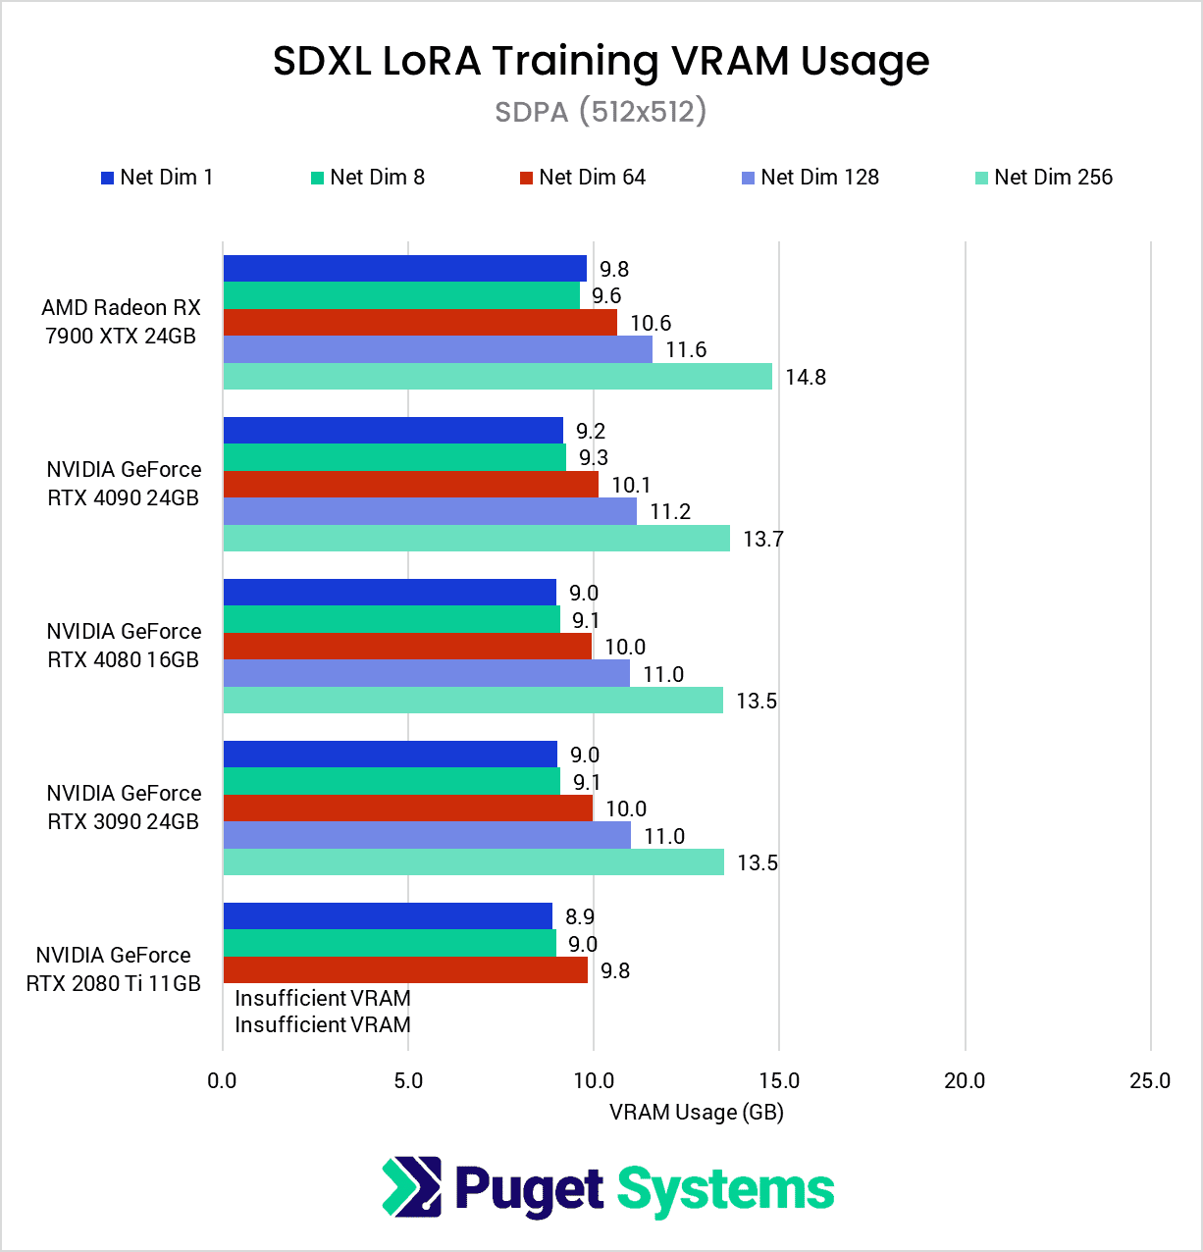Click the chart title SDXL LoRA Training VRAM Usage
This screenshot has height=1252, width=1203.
[x=601, y=61]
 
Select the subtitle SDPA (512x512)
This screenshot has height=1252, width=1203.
[x=601, y=112]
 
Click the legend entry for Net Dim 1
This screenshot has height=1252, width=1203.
[x=157, y=178]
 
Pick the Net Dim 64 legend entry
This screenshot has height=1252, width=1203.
[x=582, y=178]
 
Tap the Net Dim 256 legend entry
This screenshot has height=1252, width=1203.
[x=1044, y=178]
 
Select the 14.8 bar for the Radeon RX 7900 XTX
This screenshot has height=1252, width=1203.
[x=497, y=377]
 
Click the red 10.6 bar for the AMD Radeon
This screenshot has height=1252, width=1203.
[x=420, y=323]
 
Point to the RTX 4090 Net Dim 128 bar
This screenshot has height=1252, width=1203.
[x=430, y=511]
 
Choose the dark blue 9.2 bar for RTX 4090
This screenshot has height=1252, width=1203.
[x=393, y=431]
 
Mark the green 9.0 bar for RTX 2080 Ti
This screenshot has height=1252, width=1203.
[x=390, y=944]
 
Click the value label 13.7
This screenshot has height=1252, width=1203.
[x=763, y=540]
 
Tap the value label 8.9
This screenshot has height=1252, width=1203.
[x=580, y=917]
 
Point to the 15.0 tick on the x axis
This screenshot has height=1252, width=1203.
[x=779, y=1081]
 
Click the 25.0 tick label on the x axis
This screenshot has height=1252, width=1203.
[x=1150, y=1081]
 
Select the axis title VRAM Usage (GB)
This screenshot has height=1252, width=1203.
[x=696, y=1113]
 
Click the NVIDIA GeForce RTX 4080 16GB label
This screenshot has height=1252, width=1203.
[x=124, y=646]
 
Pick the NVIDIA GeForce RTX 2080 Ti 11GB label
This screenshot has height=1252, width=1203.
[x=114, y=969]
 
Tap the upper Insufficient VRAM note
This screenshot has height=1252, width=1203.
[x=323, y=999]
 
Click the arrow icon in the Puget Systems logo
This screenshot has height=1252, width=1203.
[x=411, y=1187]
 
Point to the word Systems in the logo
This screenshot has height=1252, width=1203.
[x=725, y=1190]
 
